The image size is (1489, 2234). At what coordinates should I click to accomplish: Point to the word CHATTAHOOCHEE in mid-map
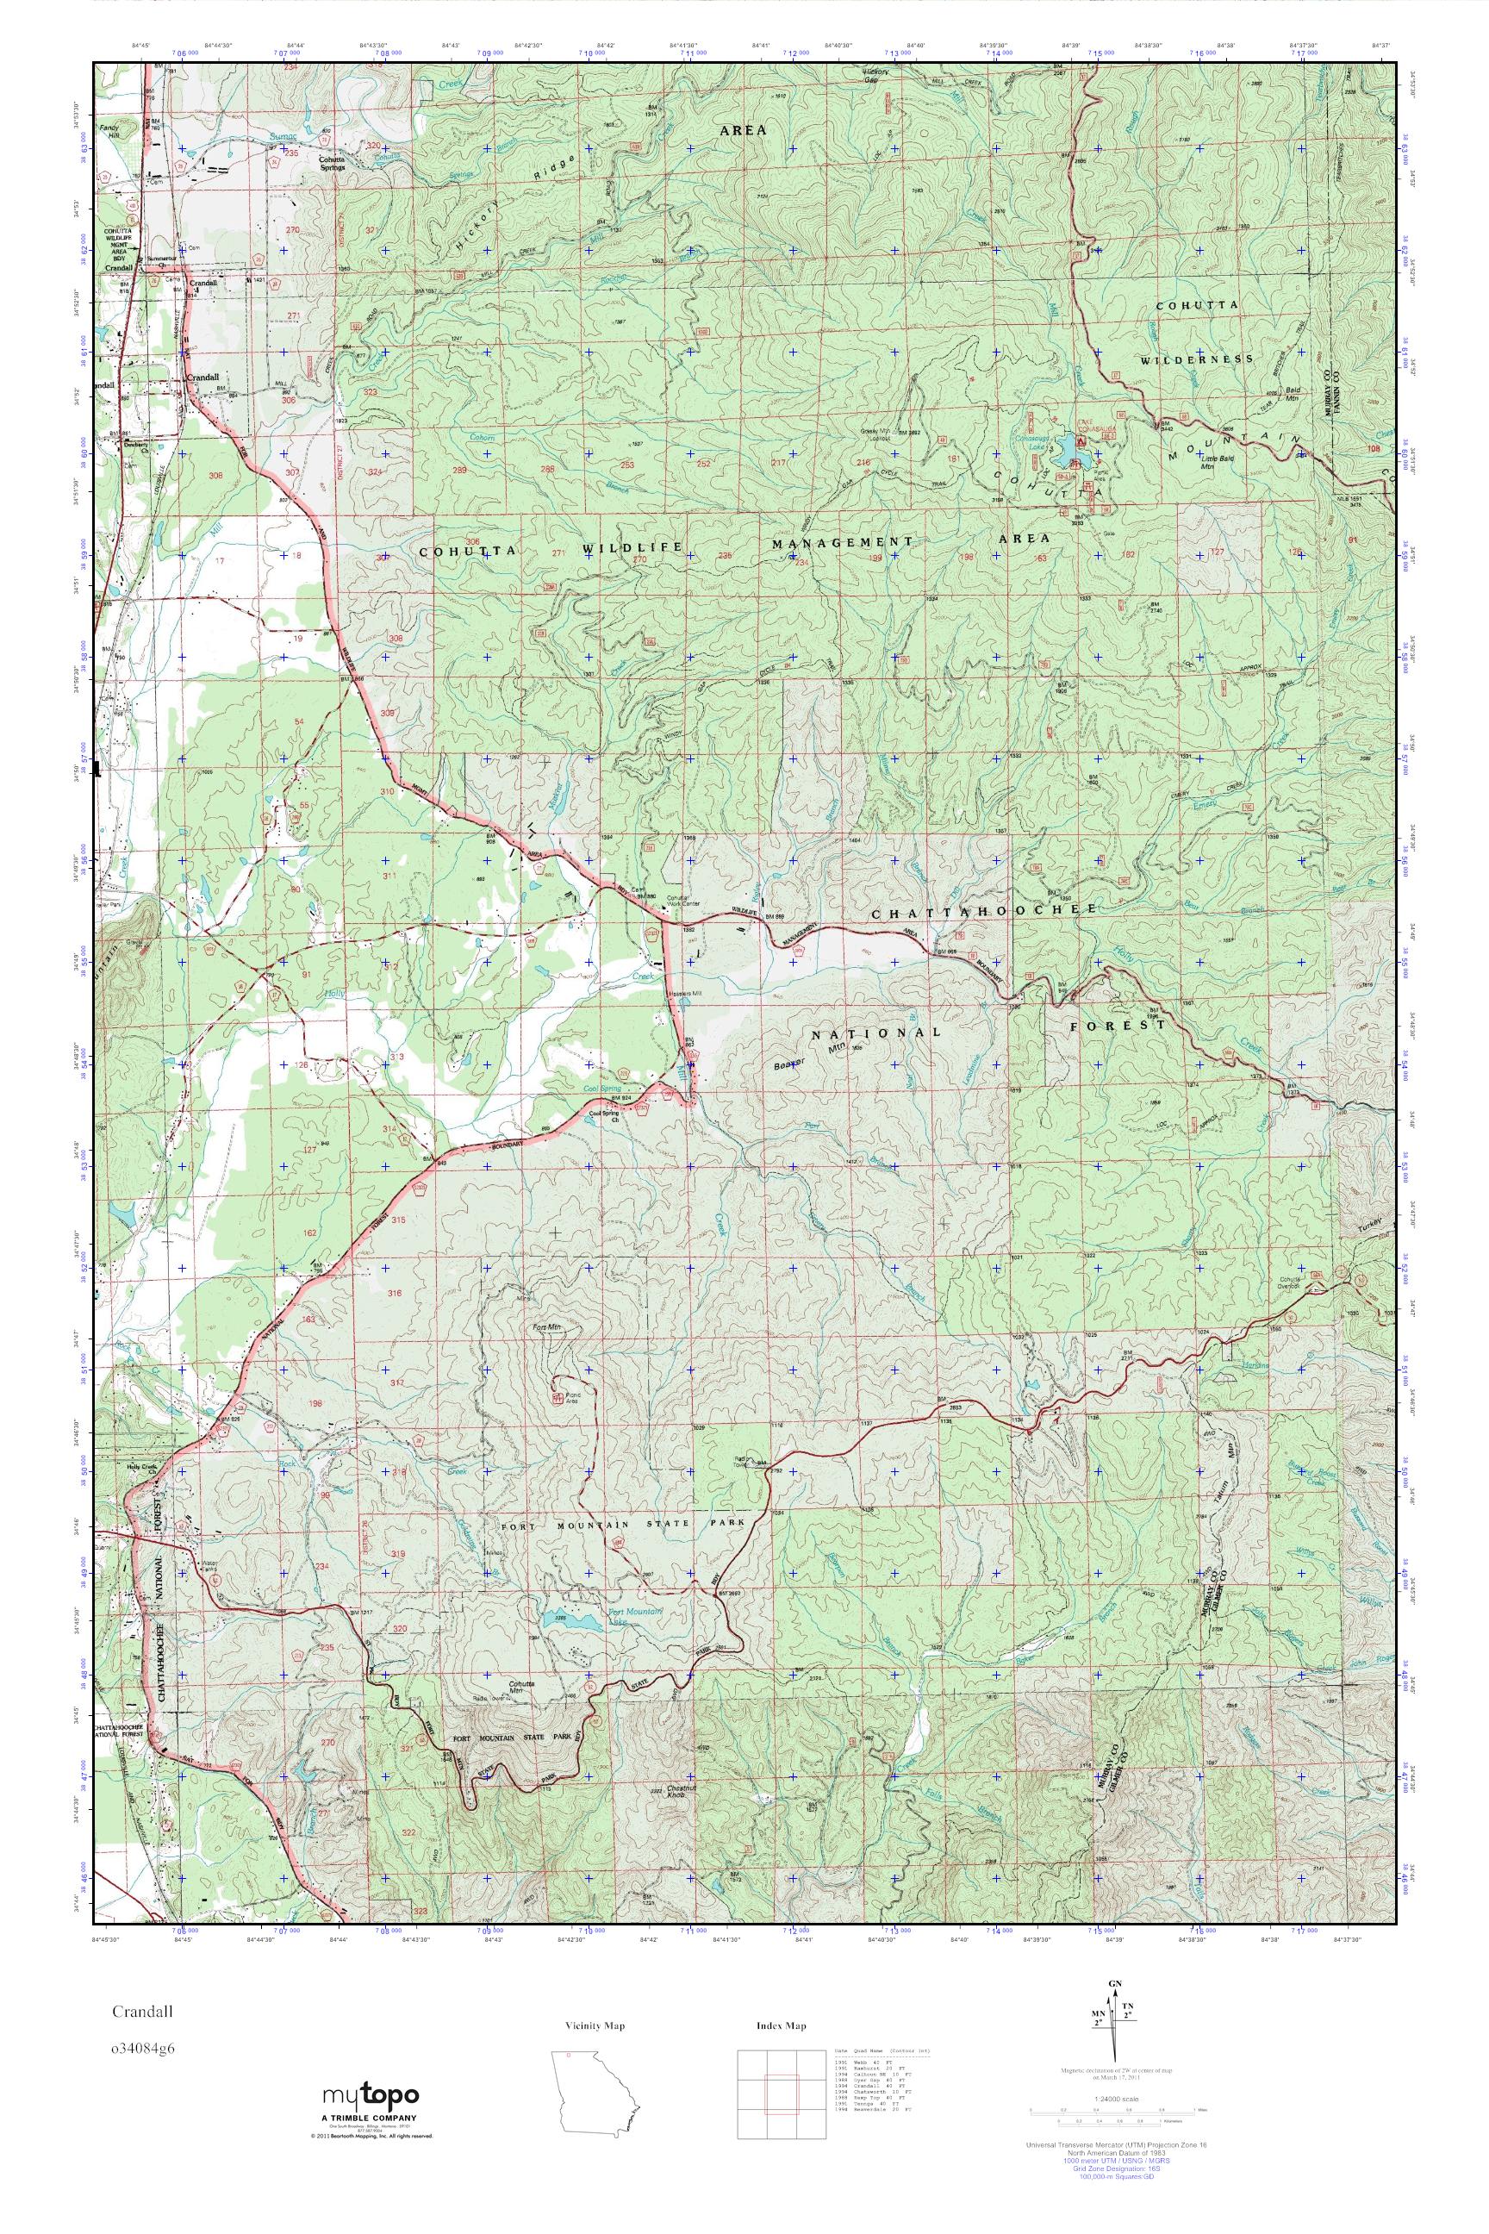pos(985,910)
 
